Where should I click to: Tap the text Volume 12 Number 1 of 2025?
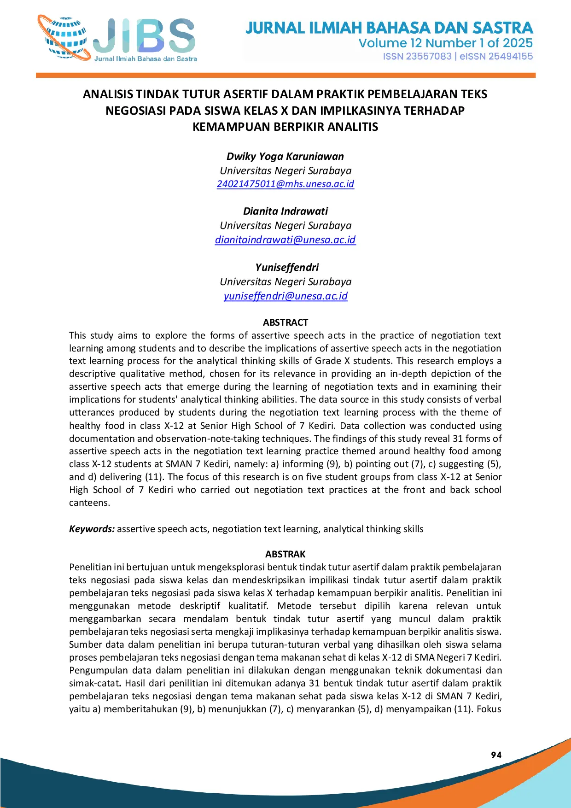pyautogui.click(x=445, y=43)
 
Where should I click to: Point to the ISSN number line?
pyautogui.click(x=458, y=56)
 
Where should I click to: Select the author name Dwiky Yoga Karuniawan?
pyautogui.click(x=285, y=156)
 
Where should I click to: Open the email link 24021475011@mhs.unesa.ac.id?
pyautogui.click(x=285, y=184)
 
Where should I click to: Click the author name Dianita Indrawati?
pyautogui.click(x=285, y=211)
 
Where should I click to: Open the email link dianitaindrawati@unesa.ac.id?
pyautogui.click(x=285, y=240)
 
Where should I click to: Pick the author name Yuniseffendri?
pyautogui.click(x=286, y=267)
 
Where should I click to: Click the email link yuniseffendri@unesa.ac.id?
pyautogui.click(x=285, y=296)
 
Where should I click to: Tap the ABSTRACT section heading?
pyautogui.click(x=285, y=322)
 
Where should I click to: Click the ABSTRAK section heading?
pyautogui.click(x=285, y=554)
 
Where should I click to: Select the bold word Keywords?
pyautogui.click(x=92, y=529)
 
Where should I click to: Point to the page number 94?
pyautogui.click(x=496, y=755)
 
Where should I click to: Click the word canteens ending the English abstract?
pyautogui.click(x=89, y=503)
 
